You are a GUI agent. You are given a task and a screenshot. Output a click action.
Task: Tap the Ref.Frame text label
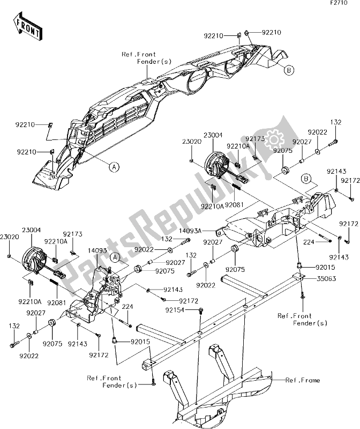pyautogui.click(x=303, y=380)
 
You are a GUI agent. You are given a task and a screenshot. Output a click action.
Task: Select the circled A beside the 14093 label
pyautogui.click(x=114, y=257)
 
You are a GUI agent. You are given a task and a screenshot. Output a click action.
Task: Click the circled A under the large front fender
pyautogui.click(x=114, y=167)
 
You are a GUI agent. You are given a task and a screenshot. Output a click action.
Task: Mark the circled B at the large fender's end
pyautogui.click(x=288, y=70)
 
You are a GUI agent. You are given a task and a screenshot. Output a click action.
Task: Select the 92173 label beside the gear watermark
pyautogui.click(x=256, y=138)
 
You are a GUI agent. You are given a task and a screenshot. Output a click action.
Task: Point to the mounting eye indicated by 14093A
pyautogui.click(x=219, y=232)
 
